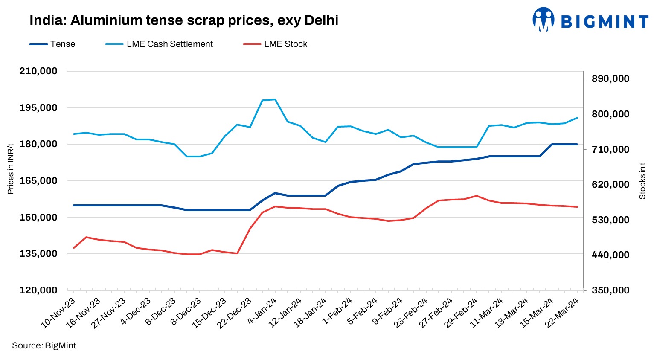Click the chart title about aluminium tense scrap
point(183,20)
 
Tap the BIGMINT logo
point(590,20)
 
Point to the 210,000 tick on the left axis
point(38,71)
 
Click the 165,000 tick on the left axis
point(38,181)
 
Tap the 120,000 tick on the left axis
point(38,290)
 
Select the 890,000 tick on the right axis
point(610,79)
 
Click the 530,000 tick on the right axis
point(610,220)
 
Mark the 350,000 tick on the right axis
point(610,290)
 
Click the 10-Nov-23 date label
point(58,314)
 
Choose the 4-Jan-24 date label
point(262,311)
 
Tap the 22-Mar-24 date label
point(562,314)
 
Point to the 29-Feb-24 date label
point(461,314)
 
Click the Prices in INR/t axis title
point(11,168)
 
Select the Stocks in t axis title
point(642,181)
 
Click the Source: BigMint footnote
point(44,345)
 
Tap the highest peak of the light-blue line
point(275,99)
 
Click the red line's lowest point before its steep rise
point(237,253)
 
